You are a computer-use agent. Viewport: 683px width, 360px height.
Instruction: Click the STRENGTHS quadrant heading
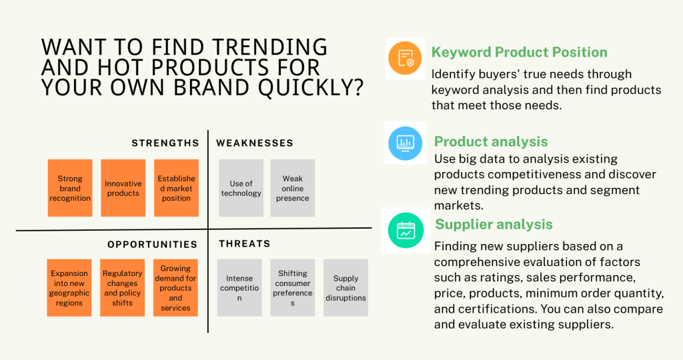pyautogui.click(x=165, y=143)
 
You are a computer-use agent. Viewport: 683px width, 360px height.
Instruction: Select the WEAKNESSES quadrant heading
pyautogui.click(x=255, y=143)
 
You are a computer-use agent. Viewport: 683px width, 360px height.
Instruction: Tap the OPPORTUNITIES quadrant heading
pyautogui.click(x=153, y=245)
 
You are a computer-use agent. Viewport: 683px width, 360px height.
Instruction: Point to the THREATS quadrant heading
pyautogui.click(x=244, y=244)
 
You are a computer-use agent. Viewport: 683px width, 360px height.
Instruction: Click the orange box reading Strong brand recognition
pyautogui.click(x=70, y=188)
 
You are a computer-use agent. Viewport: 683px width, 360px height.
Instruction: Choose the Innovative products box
pyautogui.click(x=123, y=188)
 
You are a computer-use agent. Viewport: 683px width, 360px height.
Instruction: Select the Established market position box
pyautogui.click(x=176, y=188)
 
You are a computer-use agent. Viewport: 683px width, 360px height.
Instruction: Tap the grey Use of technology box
pyautogui.click(x=241, y=188)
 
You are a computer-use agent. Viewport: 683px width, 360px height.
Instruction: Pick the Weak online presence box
pyautogui.click(x=293, y=188)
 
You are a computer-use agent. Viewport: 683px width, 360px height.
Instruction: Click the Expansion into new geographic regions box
pyautogui.click(x=69, y=288)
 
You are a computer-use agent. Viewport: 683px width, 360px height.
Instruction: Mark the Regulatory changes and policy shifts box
pyautogui.click(x=123, y=288)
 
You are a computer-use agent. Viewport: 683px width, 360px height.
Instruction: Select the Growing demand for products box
pyautogui.click(x=175, y=288)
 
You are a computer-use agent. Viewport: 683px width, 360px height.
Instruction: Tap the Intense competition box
pyautogui.click(x=239, y=288)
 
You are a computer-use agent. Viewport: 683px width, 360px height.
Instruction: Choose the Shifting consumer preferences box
pyautogui.click(x=293, y=288)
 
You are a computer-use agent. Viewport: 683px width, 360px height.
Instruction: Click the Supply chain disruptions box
pyautogui.click(x=346, y=288)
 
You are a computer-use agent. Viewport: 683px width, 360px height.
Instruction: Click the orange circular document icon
pyautogui.click(x=405, y=58)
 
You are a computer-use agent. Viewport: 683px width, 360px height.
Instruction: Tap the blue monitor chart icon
pyautogui.click(x=405, y=143)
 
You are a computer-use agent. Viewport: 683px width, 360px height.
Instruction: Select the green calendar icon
pyautogui.click(x=406, y=230)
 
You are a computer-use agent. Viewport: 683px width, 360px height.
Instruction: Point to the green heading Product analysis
pyautogui.click(x=491, y=141)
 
